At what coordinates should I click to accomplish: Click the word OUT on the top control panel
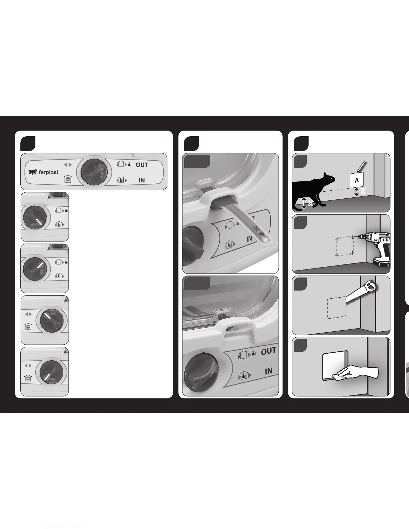tap(142, 165)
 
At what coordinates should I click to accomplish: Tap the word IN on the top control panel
tap(142, 180)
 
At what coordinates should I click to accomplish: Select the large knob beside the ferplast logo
tap(92, 171)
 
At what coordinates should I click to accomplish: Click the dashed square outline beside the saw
tap(337, 308)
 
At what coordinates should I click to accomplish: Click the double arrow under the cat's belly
tap(304, 203)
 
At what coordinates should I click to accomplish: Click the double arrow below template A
tap(357, 192)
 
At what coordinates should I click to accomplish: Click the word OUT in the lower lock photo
tap(268, 351)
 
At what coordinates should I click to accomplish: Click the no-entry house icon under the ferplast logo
tap(67, 179)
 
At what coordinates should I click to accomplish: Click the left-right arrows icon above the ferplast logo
tap(68, 165)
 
